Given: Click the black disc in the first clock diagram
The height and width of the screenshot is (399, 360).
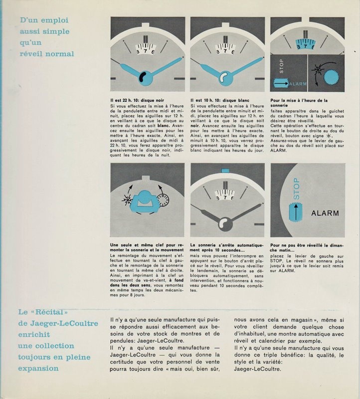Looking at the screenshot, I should tap(143, 77).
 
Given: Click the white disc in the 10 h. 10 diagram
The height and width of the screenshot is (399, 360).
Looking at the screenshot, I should tap(223, 77).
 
